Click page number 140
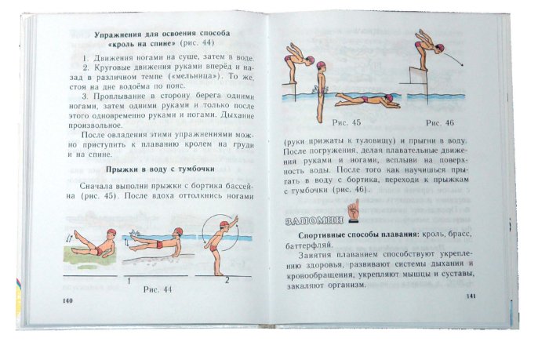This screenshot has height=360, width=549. pos(67,301)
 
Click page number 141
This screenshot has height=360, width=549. pos(471,296)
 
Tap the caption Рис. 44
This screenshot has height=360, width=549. pos(158,289)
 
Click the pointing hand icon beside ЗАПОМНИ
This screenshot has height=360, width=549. pos(353,211)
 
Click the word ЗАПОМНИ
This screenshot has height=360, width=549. pos(314,221)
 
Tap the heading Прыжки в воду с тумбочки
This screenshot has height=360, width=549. pos(160,169)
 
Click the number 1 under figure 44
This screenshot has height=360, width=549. pos(129,281)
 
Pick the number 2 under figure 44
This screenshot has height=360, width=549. pos(227,280)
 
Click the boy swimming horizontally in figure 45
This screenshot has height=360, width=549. pos(368,100)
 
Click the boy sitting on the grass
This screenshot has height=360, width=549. pos(94,242)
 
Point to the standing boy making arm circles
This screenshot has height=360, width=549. pos(221,245)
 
